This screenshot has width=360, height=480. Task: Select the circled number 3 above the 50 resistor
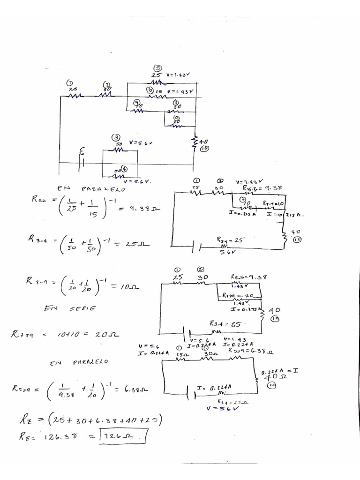(115, 137)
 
